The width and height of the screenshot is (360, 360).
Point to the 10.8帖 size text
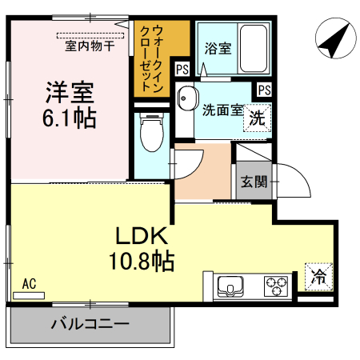(x=142, y=260)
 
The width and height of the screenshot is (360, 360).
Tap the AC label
(x=30, y=284)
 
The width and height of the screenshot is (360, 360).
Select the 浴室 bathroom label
(x=218, y=48)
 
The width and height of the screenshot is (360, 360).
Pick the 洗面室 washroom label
(x=222, y=110)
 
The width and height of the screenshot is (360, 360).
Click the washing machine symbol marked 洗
(x=256, y=118)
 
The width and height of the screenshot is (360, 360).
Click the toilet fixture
(x=150, y=134)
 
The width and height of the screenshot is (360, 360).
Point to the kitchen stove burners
(x=277, y=285)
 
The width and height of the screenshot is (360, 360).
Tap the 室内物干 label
(x=90, y=46)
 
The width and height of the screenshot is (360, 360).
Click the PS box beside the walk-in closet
(x=182, y=70)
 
